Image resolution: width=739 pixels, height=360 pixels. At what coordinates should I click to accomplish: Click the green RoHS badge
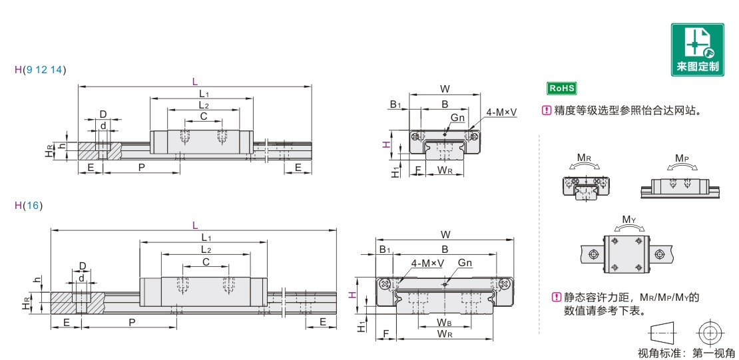(x=561, y=88)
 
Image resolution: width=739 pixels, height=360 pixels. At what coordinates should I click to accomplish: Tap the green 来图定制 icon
(x=698, y=49)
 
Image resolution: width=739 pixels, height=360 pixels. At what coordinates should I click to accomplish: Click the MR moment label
(x=585, y=158)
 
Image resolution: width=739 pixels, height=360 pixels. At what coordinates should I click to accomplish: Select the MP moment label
(x=682, y=158)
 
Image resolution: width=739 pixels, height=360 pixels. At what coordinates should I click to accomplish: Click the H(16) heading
(x=29, y=206)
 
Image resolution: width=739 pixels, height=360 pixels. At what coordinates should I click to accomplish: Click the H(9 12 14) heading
(x=41, y=71)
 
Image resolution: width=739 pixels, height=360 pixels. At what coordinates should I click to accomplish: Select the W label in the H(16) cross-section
(x=445, y=234)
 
